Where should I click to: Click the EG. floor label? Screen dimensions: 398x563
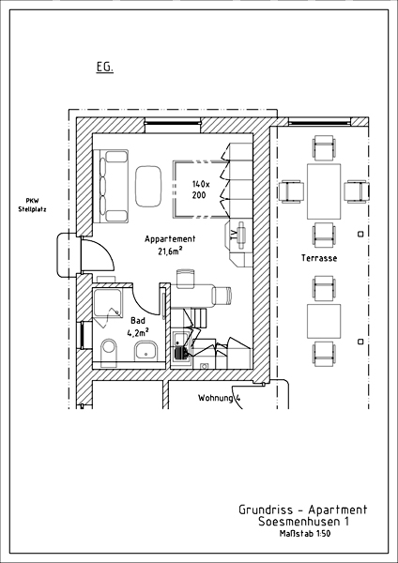[104, 68]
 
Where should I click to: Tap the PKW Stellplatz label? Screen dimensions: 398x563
[32, 205]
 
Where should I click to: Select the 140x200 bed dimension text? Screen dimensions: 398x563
[201, 190]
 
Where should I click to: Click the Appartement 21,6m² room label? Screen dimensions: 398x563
[170, 245]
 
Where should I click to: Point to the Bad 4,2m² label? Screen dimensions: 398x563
[138, 327]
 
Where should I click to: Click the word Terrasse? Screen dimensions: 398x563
[319, 258]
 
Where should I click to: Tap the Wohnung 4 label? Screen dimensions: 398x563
[219, 398]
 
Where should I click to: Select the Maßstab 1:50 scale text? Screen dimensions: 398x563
[305, 534]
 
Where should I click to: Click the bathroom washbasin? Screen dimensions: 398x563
[146, 351]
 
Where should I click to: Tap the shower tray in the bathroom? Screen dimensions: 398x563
[107, 303]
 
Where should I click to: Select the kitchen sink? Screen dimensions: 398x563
[180, 347]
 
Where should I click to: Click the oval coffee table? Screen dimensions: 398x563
[148, 186]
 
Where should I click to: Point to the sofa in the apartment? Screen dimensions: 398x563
[111, 186]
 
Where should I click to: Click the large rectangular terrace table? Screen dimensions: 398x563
[324, 191]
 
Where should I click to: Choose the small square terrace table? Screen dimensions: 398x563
[324, 321]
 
